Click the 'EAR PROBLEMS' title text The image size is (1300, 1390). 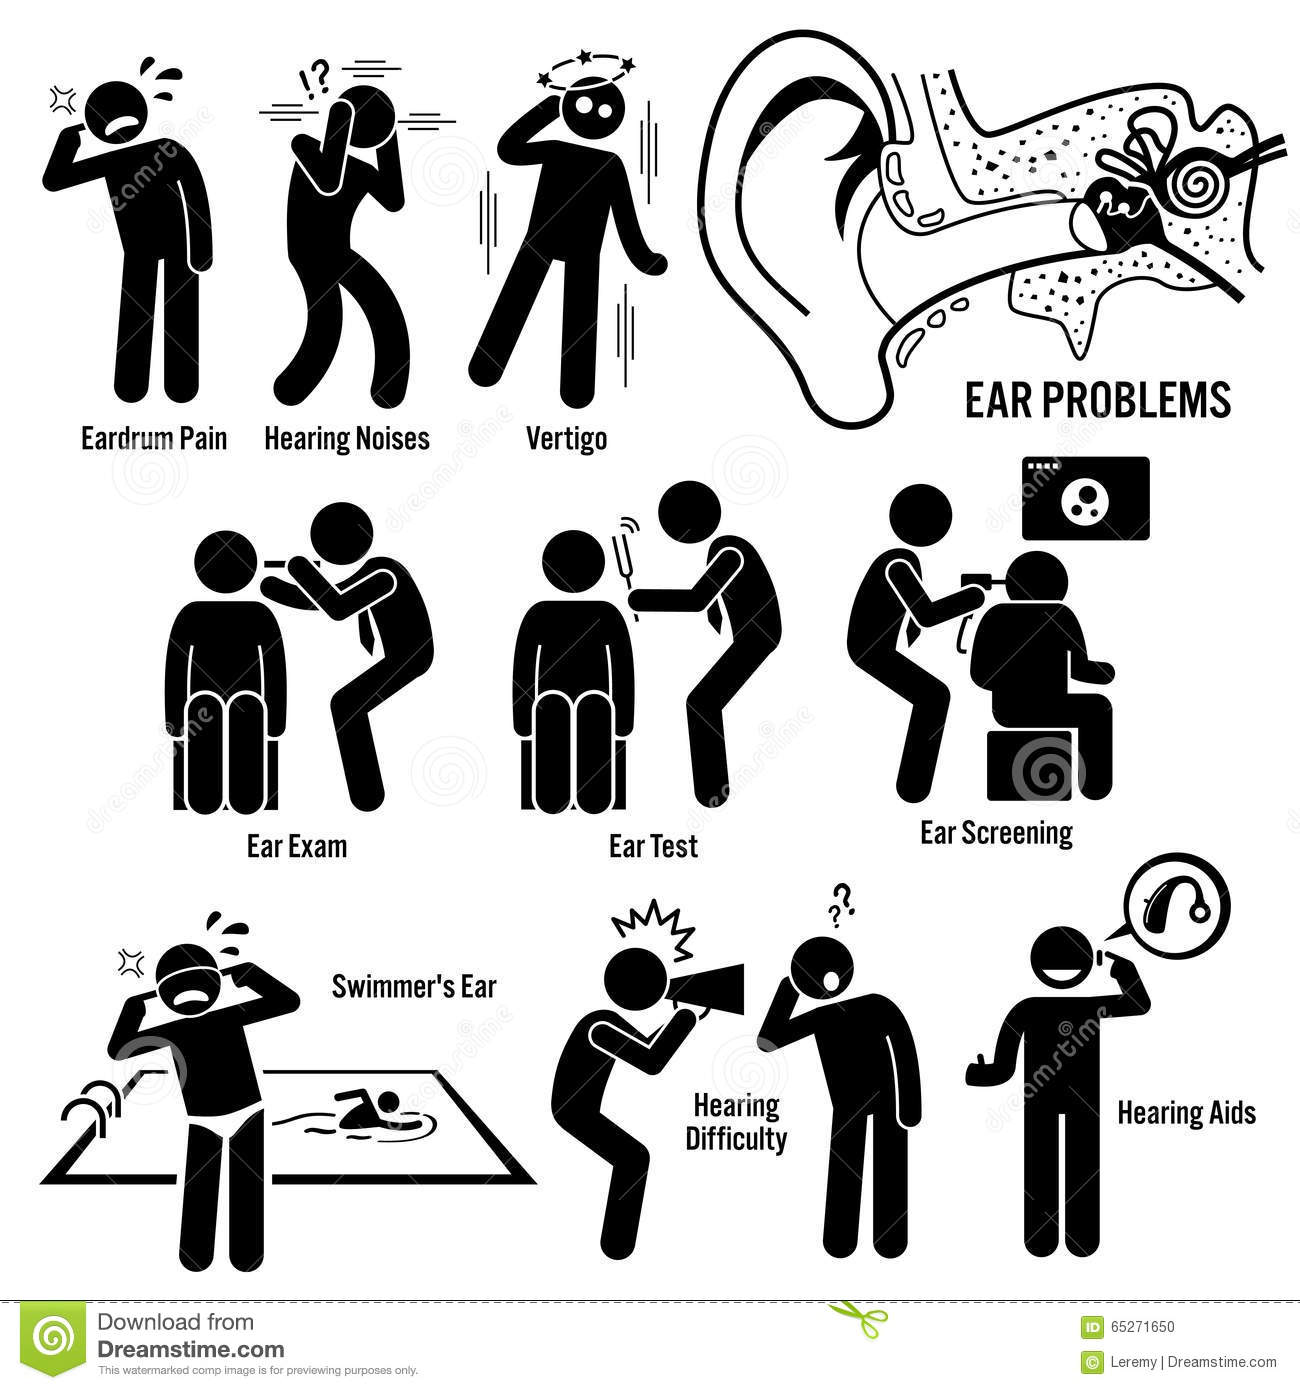pyautogui.click(x=1098, y=400)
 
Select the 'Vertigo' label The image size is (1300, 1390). pyautogui.click(x=566, y=440)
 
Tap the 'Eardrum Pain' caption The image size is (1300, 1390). pyautogui.click(x=154, y=439)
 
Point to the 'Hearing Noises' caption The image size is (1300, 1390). pyautogui.click(x=347, y=439)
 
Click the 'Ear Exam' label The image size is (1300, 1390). pyautogui.click(x=297, y=846)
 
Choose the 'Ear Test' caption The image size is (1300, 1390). pyautogui.click(x=652, y=846)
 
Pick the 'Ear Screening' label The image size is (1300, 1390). pyautogui.click(x=996, y=834)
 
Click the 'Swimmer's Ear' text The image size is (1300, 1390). pyautogui.click(x=414, y=987)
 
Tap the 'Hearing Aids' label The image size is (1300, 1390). pyautogui.click(x=1186, y=1113)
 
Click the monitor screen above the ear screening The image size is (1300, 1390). pyautogui.click(x=1085, y=498)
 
